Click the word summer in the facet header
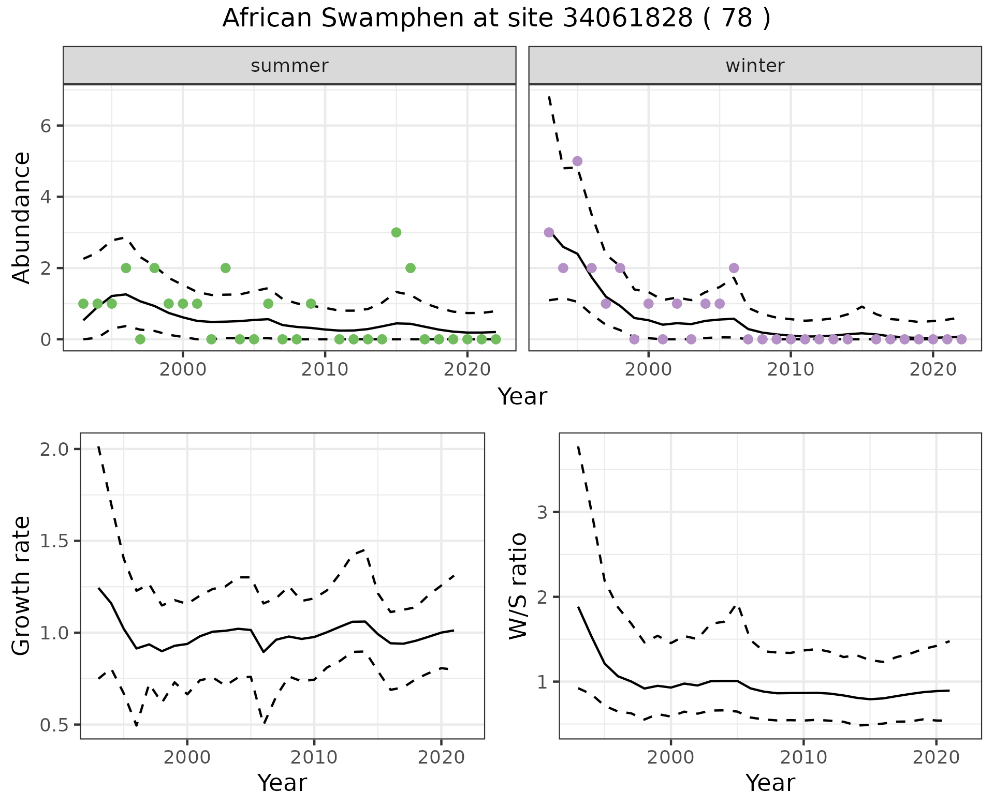pos(289,66)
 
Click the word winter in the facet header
pos(755,66)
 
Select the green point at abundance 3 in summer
pos(396,232)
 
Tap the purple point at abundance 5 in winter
pos(577,161)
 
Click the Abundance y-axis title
pos(22,217)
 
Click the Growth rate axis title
pos(22,586)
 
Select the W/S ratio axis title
pos(518,586)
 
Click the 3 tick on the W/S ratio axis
pos(542,512)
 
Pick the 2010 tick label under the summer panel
pos(325,370)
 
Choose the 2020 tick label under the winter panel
pos(932,370)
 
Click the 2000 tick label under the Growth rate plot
pos(187,758)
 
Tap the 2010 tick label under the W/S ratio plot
pos(803,758)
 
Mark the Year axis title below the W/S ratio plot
pos(770,783)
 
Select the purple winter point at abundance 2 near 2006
pos(734,268)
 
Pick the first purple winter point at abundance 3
pos(549,232)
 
